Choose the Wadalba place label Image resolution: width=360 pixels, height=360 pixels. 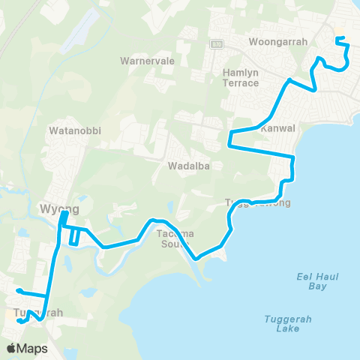pyautogui.click(x=188, y=165)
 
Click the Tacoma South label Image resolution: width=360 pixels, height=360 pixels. pyautogui.click(x=176, y=238)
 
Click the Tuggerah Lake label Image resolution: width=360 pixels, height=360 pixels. pyautogui.click(x=287, y=323)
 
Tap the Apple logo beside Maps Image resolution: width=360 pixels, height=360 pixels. pyautogui.click(x=12, y=348)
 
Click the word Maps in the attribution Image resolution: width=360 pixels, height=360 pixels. pyautogui.click(x=33, y=348)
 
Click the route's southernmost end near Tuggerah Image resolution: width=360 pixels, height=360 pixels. pyautogui.click(x=19, y=321)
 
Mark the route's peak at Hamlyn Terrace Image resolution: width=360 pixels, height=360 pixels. pyautogui.click(x=289, y=78)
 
